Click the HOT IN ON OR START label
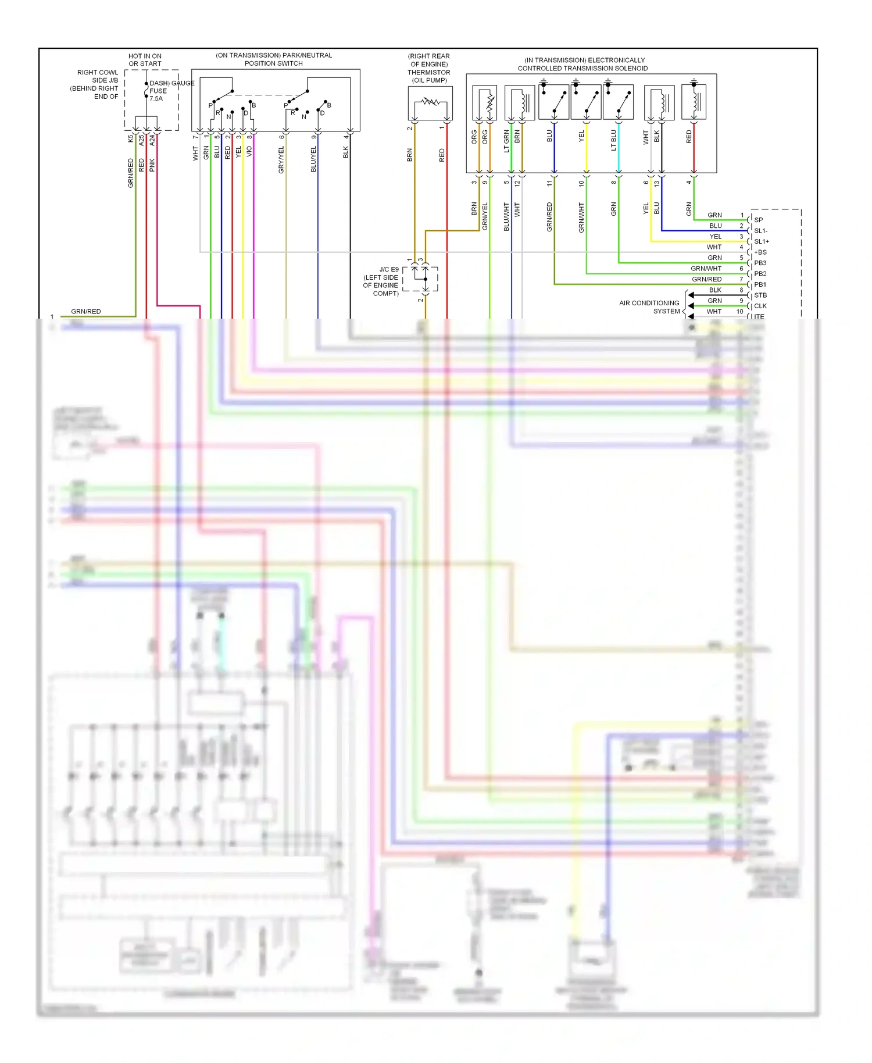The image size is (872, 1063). [x=145, y=60]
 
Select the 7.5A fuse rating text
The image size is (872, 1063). [x=156, y=99]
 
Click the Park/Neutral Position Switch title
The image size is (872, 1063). [x=273, y=59]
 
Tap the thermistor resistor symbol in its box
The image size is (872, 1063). [x=430, y=102]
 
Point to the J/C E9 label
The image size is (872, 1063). [x=389, y=269]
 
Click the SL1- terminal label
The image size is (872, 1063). [x=760, y=231]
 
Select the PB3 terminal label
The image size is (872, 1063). [x=760, y=263]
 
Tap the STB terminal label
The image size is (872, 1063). [x=760, y=295]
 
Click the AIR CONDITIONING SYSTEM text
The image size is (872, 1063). [x=649, y=307]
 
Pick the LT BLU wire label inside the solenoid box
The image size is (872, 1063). [x=613, y=140]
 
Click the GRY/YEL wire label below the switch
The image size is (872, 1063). [x=281, y=159]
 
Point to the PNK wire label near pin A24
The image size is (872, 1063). [x=152, y=165]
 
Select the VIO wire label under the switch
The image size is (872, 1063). [x=249, y=151]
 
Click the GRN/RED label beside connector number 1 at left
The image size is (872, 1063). [x=85, y=312]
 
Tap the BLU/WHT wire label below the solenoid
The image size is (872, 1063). [x=506, y=216]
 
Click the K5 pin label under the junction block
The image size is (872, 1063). [x=130, y=139]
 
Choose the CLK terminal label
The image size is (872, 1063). [x=760, y=306]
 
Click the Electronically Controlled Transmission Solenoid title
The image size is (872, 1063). [x=583, y=64]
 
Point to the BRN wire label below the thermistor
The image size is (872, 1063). [x=409, y=155]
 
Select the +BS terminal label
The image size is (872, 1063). [x=760, y=252]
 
